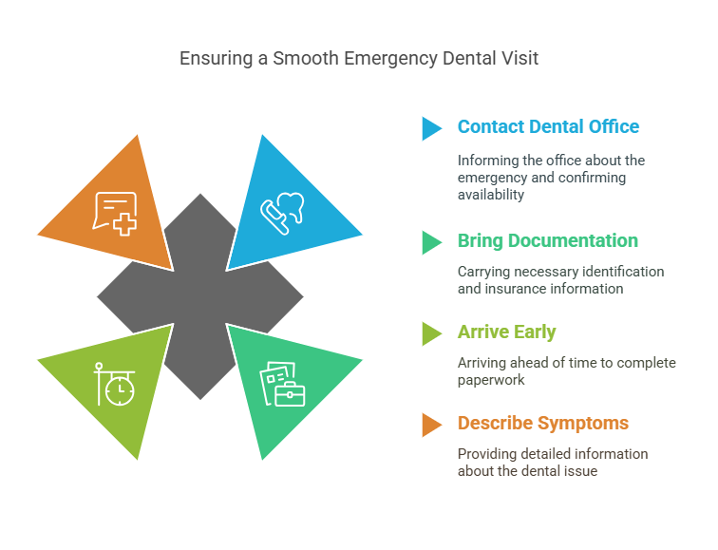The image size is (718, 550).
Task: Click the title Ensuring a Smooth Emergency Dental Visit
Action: click(359, 59)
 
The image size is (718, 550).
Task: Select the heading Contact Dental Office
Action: click(548, 126)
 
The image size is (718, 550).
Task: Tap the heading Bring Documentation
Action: click(548, 241)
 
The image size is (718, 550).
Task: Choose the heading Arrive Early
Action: click(506, 332)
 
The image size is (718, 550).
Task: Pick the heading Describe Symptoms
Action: click(543, 423)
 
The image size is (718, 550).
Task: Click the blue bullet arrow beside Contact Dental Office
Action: click(432, 128)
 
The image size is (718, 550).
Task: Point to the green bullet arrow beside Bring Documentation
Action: click(432, 242)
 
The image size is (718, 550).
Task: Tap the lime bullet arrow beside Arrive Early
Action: click(432, 333)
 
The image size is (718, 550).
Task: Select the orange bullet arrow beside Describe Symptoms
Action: click(432, 425)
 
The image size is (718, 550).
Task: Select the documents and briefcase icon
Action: click(282, 384)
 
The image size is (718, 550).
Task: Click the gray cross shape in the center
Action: click(200, 296)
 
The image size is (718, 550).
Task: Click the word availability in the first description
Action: click(491, 195)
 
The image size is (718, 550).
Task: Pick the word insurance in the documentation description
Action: click(515, 289)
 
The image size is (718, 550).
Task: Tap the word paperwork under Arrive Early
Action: click(491, 381)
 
